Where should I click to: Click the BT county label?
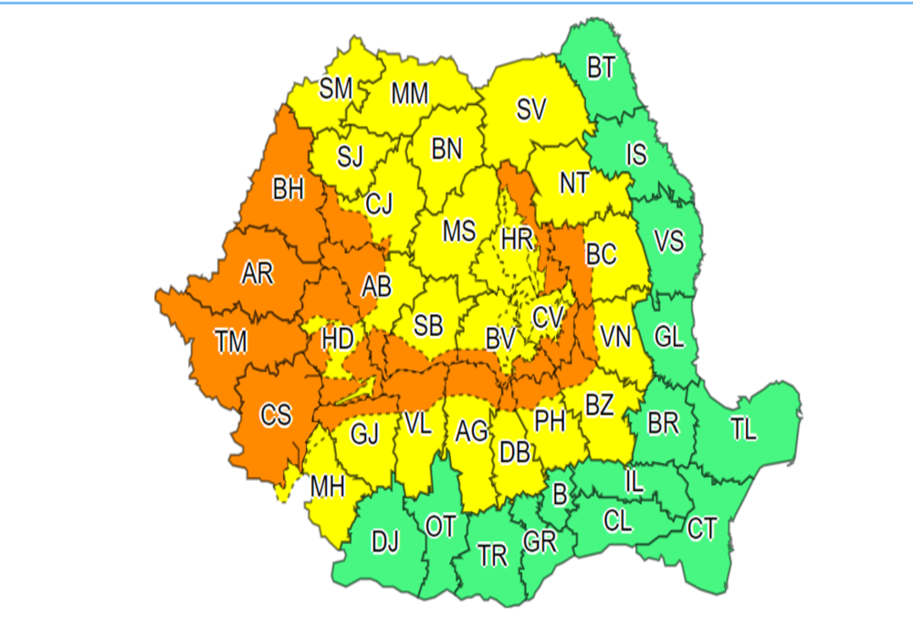[601, 68]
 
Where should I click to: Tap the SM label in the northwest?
[336, 89]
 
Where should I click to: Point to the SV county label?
[530, 110]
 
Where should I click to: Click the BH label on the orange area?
[288, 191]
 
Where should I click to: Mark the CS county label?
[276, 415]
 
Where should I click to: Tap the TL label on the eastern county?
[744, 429]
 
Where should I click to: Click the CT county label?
[701, 528]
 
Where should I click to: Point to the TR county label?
[492, 556]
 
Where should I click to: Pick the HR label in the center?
[517, 240]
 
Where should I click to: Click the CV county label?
[548, 317]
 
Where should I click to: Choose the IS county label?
[635, 154]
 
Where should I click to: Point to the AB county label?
[376, 287]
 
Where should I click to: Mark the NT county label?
[573, 183]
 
